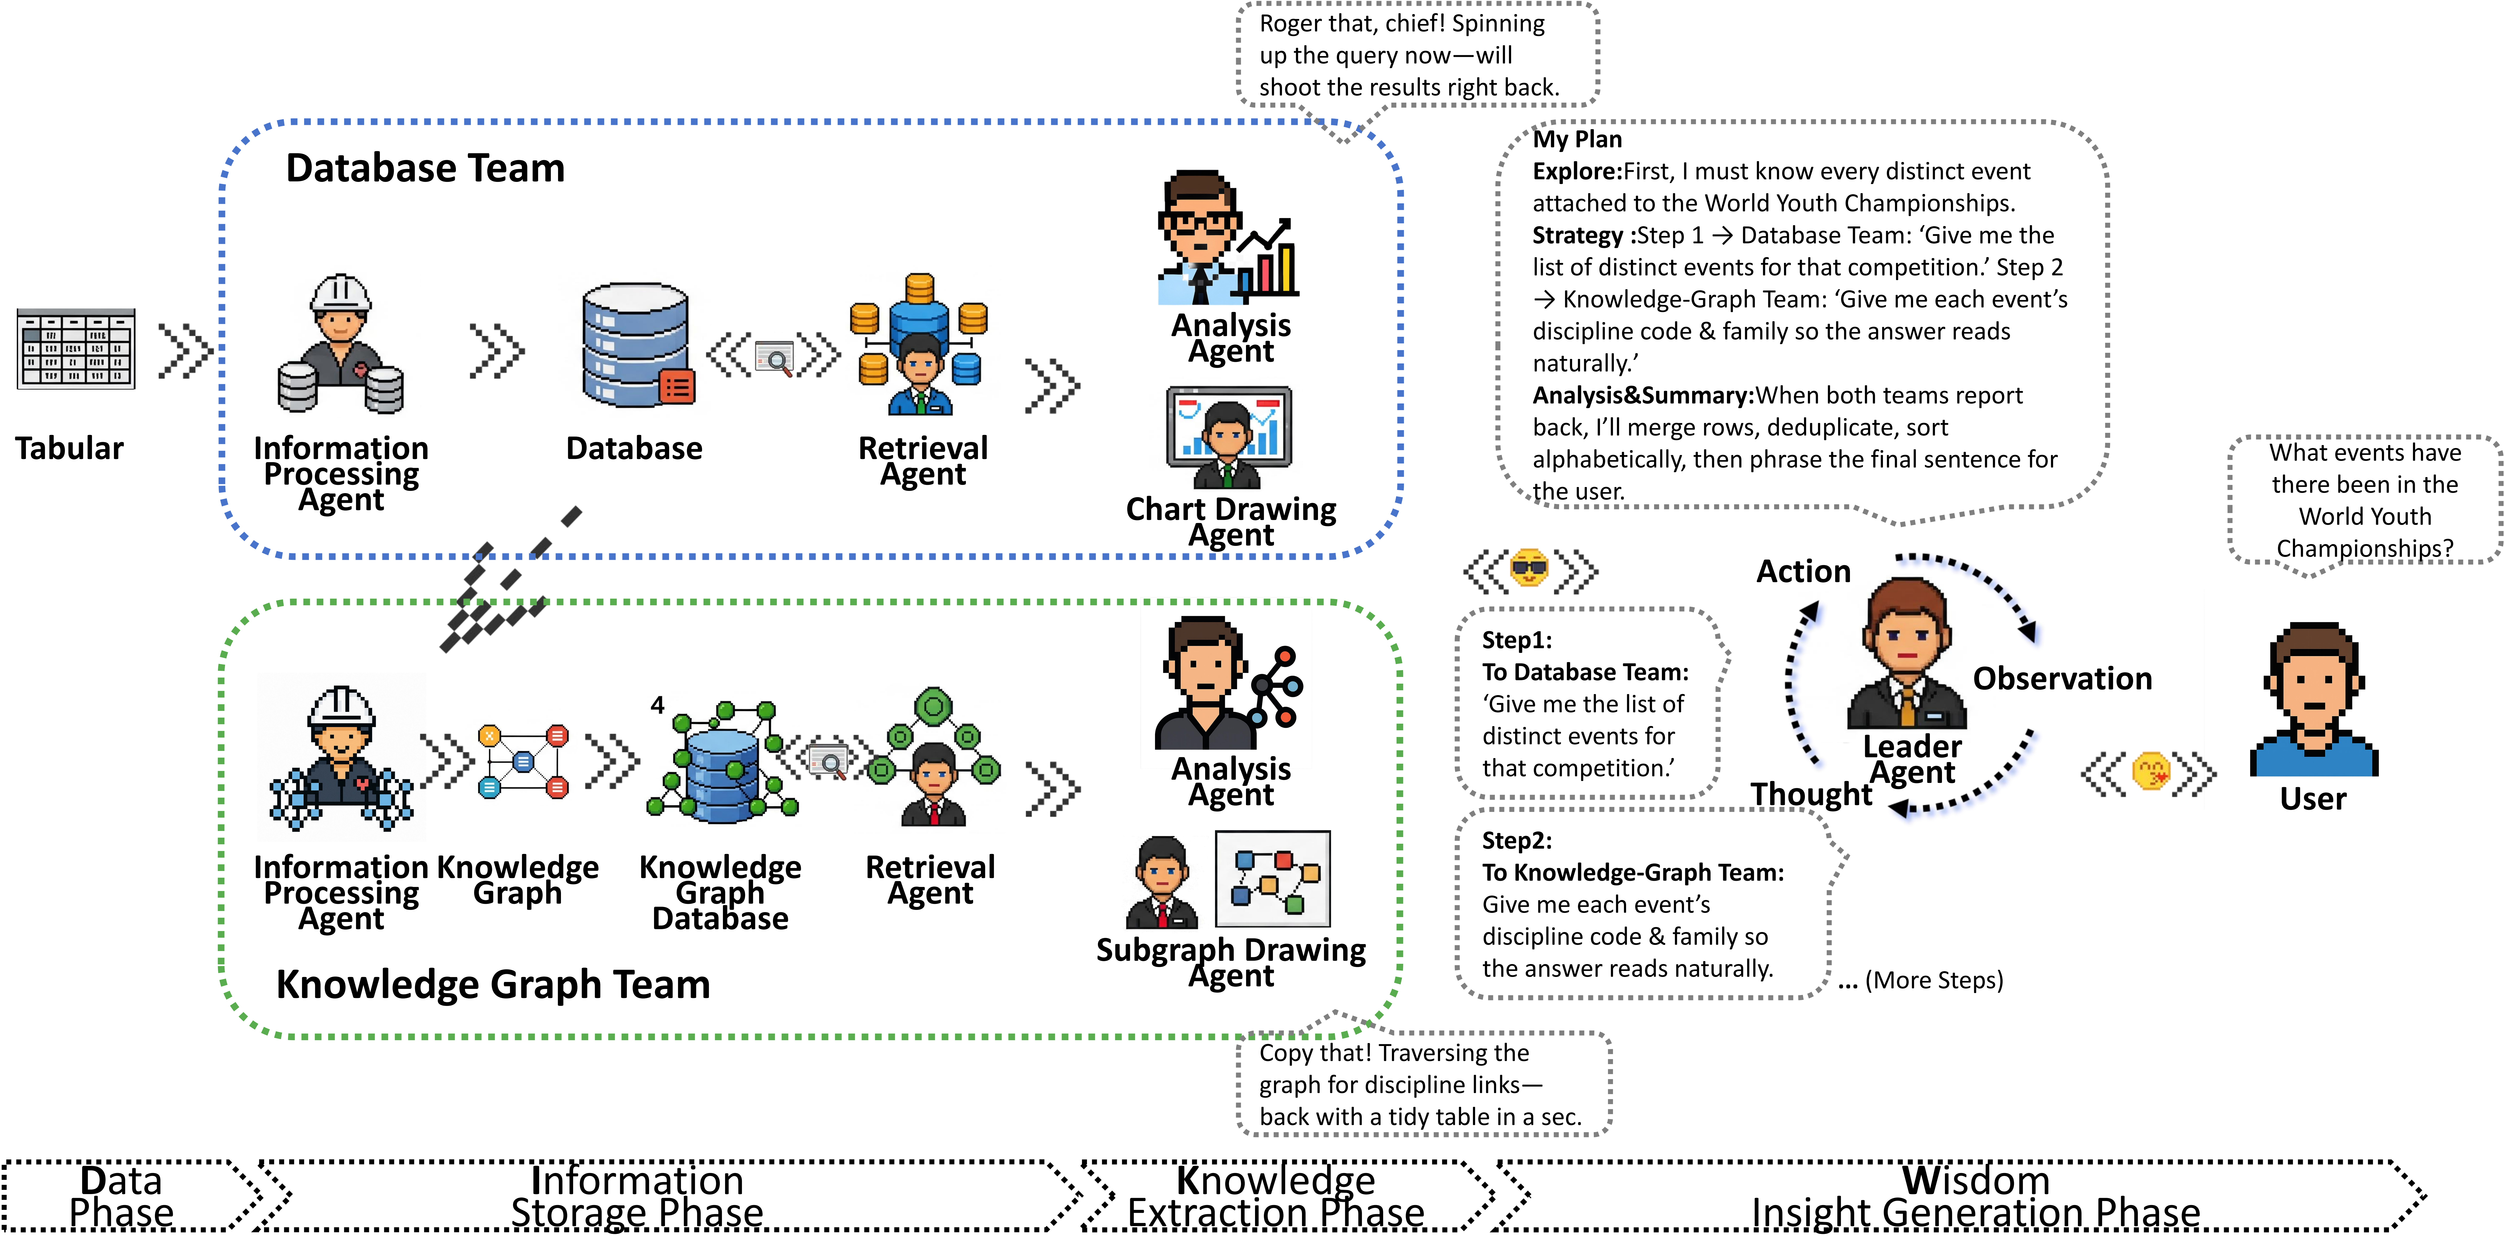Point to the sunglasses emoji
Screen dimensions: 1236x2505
click(x=1529, y=569)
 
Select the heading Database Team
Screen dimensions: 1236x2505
click(x=425, y=168)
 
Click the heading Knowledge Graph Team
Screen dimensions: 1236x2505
click(x=493, y=984)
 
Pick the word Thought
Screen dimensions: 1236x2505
click(x=1811, y=794)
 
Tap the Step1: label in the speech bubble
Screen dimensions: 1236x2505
click(x=1516, y=640)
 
